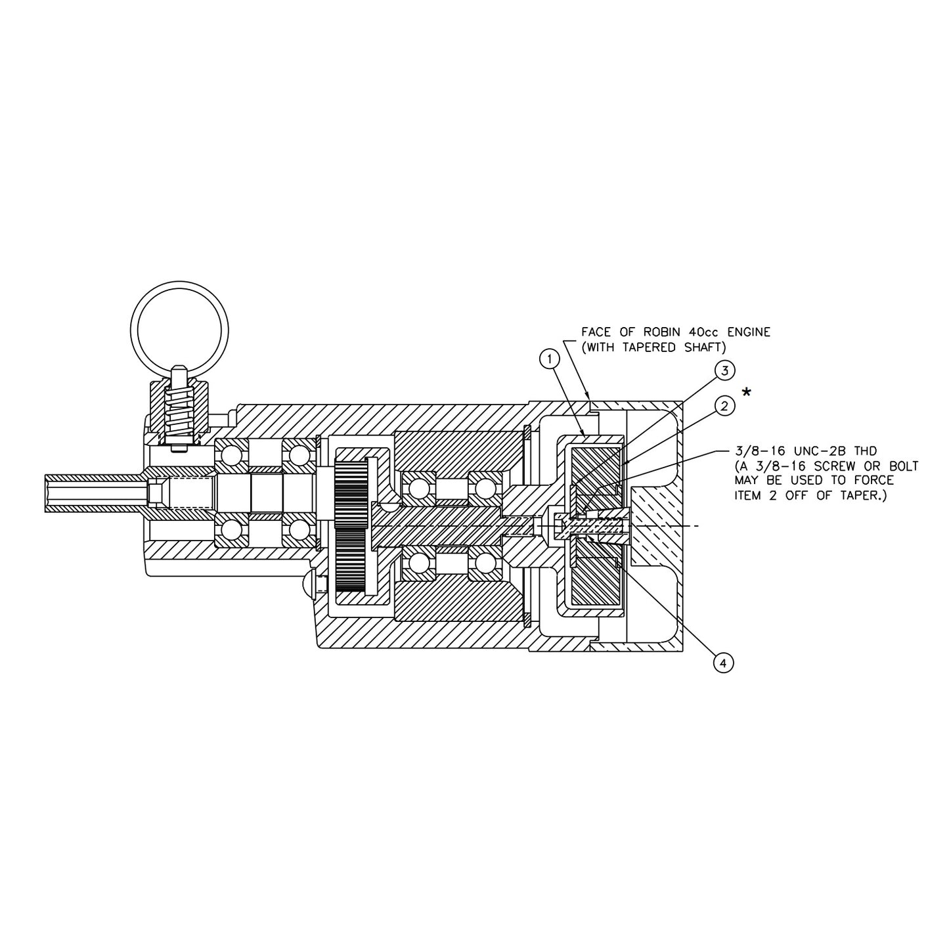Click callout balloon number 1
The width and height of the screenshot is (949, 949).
[549, 358]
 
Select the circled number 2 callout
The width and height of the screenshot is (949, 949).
[724, 407]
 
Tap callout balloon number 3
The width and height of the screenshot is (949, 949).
[724, 370]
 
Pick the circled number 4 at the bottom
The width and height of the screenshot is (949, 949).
[723, 663]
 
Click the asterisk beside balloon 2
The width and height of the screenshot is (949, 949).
[747, 393]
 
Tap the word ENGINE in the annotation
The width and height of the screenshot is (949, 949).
[747, 332]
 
